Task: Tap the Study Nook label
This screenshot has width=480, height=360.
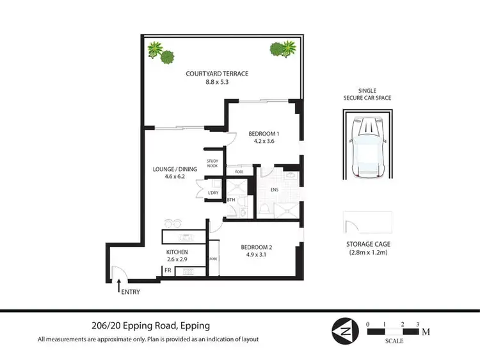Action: [x=212, y=165]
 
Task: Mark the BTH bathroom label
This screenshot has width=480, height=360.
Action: [x=231, y=200]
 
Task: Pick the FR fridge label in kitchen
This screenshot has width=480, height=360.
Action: [x=168, y=272]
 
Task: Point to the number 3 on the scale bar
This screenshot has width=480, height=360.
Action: [x=417, y=324]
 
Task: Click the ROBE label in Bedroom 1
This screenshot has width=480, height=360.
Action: [x=238, y=171]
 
